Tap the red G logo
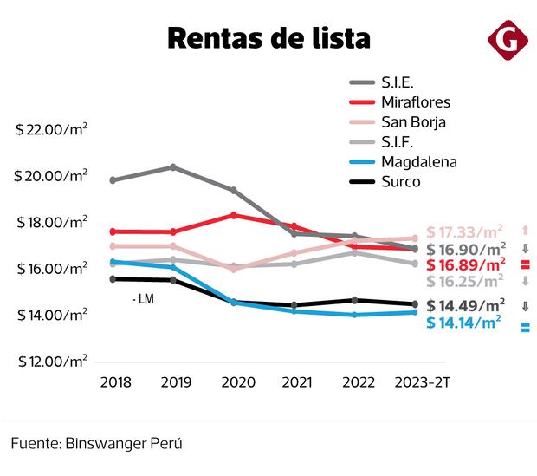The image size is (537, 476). [504, 39]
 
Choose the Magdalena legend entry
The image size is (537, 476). [418, 162]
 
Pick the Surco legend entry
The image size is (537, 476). [400, 182]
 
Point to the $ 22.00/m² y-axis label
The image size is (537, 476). [52, 130]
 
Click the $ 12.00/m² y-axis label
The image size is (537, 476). [52, 361]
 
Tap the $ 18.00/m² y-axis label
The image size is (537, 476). [52, 223]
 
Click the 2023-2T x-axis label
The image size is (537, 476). [421, 381]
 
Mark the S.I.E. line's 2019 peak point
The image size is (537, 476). [173, 166]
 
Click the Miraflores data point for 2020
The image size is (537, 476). [234, 215]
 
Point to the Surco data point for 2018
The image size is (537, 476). [113, 278]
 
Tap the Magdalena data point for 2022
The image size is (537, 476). [354, 315]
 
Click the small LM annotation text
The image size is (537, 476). [143, 300]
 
